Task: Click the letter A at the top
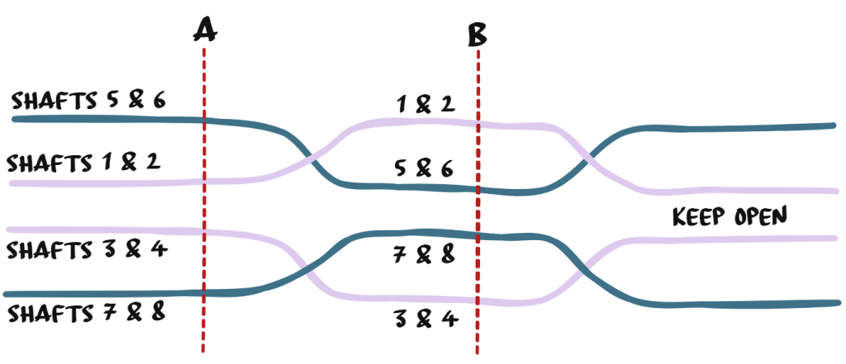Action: (x=204, y=30)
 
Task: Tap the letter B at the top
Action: (x=478, y=34)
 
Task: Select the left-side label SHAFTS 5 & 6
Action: (x=88, y=101)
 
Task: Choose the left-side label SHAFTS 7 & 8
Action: (x=86, y=313)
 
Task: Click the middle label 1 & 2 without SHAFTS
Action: (x=425, y=105)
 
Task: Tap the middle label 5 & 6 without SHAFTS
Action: (x=424, y=168)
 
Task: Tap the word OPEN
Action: (x=761, y=217)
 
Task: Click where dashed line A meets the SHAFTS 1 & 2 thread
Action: (x=203, y=179)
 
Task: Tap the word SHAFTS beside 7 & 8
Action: (x=48, y=314)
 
